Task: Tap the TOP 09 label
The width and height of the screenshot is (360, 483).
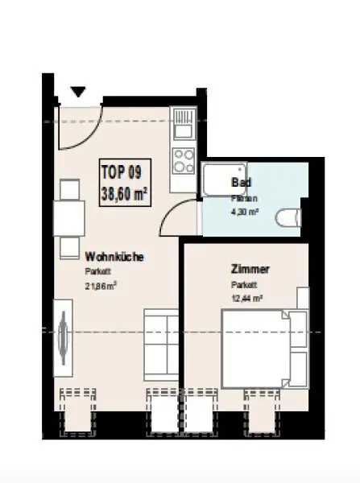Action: click(118, 171)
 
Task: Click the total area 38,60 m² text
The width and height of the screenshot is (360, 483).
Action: click(122, 193)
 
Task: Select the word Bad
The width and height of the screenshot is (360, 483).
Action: click(238, 183)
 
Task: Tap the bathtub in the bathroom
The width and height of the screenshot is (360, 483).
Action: click(217, 181)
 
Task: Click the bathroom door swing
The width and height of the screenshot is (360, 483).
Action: click(179, 216)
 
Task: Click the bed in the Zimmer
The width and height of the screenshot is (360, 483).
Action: click(263, 350)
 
